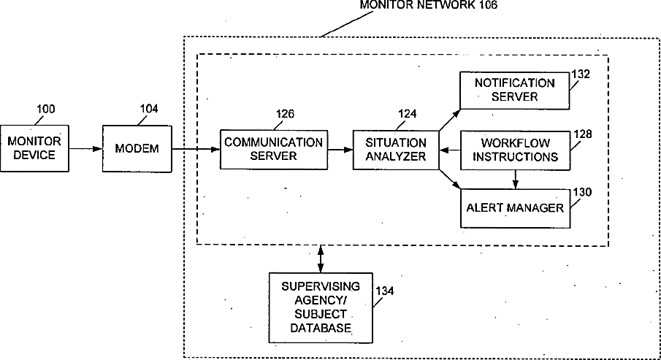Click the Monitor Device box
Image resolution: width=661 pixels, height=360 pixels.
[x=34, y=148]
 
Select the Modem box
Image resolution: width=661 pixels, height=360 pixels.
[x=137, y=148]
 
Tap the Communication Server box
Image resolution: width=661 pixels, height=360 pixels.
[x=274, y=150]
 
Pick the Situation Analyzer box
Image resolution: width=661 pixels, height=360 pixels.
[x=396, y=150]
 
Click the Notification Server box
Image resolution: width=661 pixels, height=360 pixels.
[x=515, y=91]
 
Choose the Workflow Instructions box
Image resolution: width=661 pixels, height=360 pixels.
[x=515, y=150]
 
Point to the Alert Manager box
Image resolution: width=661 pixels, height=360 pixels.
[x=515, y=208]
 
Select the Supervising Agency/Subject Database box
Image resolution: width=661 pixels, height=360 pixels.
[x=321, y=307]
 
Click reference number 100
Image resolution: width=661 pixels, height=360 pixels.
[x=45, y=110]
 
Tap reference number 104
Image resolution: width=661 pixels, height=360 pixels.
[x=149, y=109]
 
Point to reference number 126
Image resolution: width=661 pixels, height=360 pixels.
[x=285, y=114]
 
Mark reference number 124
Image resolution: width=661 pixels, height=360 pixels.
[x=408, y=114]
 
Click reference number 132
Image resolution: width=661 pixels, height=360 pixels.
[x=581, y=74]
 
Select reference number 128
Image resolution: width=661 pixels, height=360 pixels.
[x=583, y=134]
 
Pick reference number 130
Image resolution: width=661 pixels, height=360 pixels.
[x=582, y=192]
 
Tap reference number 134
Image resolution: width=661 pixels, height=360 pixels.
[x=384, y=291]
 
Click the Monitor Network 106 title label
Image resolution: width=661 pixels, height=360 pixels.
[x=428, y=4]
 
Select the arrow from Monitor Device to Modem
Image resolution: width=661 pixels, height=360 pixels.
[x=86, y=148]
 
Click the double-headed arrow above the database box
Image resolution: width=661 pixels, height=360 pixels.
[x=321, y=259]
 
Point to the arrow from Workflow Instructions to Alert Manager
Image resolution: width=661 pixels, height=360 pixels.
[x=515, y=180]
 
